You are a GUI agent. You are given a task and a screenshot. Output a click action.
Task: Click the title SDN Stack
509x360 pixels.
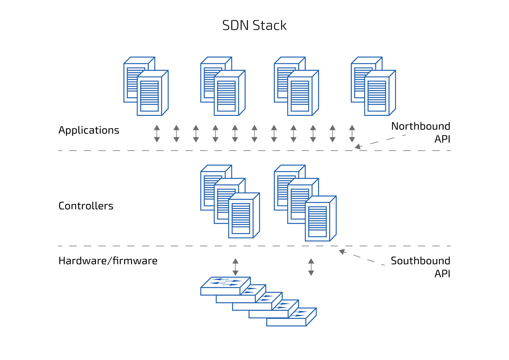pos(254,25)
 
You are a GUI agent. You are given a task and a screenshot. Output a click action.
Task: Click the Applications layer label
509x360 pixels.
pos(89,130)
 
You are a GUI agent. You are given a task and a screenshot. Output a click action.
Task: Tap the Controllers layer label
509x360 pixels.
pos(86,206)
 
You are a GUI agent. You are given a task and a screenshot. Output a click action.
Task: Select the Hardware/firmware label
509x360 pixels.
pos(108,261)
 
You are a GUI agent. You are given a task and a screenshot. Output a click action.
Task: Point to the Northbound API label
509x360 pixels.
pos(421,132)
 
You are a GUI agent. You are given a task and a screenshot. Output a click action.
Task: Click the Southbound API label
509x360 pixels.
pos(421,267)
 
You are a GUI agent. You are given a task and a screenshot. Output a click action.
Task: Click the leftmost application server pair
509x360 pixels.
pos(146,86)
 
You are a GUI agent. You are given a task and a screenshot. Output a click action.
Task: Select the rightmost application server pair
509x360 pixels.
pos(373,86)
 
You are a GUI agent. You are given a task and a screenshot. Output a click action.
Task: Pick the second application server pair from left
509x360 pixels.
pos(223,86)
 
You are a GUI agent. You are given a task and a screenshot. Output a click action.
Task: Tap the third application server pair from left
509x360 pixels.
pos(296,86)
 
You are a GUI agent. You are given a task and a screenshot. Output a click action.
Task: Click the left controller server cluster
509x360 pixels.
pos(230,201)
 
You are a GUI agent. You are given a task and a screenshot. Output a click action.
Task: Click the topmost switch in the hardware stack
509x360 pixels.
pos(225,286)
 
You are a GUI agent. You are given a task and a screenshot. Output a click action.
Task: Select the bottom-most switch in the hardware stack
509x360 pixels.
pos(291,317)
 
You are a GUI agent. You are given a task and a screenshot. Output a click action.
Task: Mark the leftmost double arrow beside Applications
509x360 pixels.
pos(157,134)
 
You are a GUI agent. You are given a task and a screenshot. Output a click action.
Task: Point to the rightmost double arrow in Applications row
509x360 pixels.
pos(352,134)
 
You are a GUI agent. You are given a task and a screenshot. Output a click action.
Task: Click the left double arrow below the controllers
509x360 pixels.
pos(235,267)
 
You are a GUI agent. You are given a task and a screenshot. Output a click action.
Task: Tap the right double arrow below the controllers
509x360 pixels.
pos(311,267)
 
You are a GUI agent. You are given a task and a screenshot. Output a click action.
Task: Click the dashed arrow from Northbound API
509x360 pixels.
pos(380,141)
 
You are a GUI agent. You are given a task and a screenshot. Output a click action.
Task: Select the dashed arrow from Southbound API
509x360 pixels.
pos(362,257)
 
